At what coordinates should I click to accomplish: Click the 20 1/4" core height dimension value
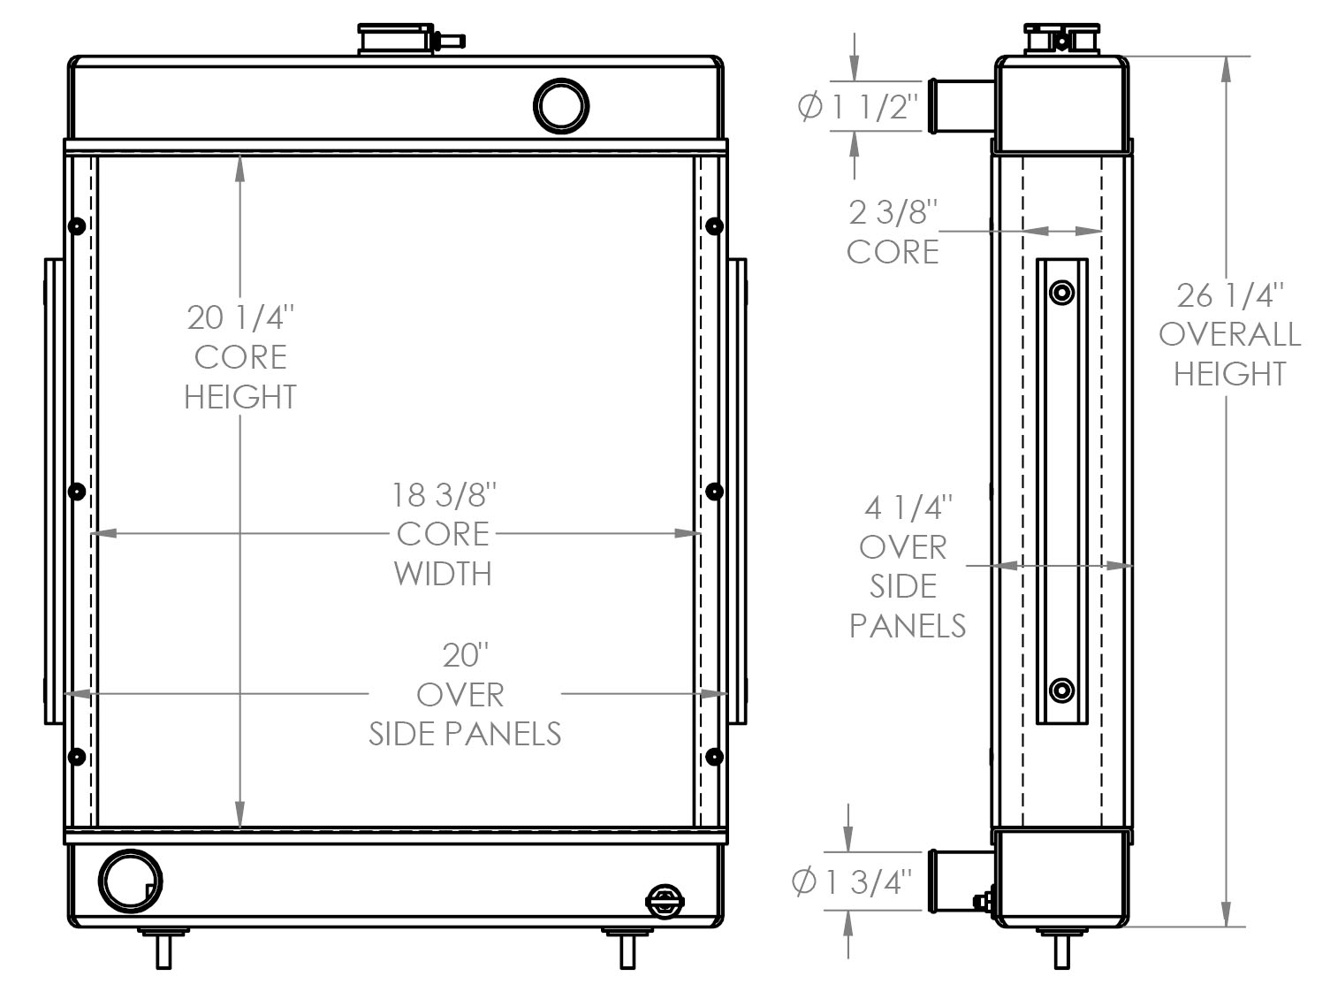pyautogui.click(x=240, y=317)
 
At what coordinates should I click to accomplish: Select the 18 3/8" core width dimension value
pyautogui.click(x=445, y=494)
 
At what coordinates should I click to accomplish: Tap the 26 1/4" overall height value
pyautogui.click(x=1230, y=294)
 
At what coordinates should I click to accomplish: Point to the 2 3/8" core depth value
pyautogui.click(x=893, y=212)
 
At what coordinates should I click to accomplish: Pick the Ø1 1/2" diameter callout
pyautogui.click(x=859, y=108)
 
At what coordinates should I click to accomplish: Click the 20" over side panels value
pyautogui.click(x=465, y=655)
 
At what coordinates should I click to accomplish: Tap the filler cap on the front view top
pyautogui.click(x=397, y=41)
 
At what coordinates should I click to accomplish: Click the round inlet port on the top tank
pyautogui.click(x=561, y=106)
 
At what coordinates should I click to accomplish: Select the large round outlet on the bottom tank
pyautogui.click(x=131, y=881)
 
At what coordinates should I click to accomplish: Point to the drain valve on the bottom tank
pyautogui.click(x=665, y=902)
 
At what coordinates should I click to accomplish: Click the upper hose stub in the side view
pyautogui.click(x=961, y=105)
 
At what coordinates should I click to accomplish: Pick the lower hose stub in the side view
pyautogui.click(x=960, y=881)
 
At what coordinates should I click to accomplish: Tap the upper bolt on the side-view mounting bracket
pyautogui.click(x=1062, y=292)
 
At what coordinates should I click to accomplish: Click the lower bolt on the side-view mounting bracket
pyautogui.click(x=1062, y=690)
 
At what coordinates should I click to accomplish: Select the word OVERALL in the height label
pyautogui.click(x=1229, y=334)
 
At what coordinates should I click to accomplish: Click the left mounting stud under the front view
pyautogui.click(x=163, y=950)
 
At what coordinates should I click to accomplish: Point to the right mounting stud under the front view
pyautogui.click(x=627, y=950)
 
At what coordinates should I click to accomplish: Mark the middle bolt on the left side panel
pyautogui.click(x=77, y=490)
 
